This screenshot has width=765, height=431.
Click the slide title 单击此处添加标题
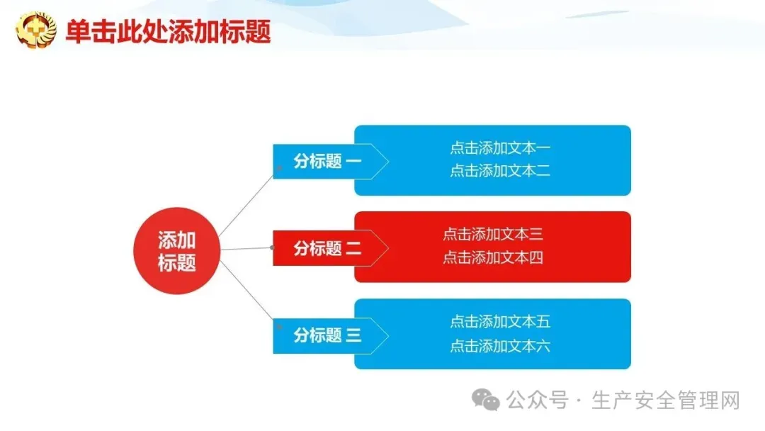click(168, 32)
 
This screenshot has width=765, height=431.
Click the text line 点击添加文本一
click(500, 148)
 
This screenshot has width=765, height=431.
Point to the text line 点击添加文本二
click(500, 171)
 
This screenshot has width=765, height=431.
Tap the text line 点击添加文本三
click(493, 235)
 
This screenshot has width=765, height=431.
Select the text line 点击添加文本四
click(493, 257)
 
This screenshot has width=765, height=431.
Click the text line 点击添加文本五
click(500, 322)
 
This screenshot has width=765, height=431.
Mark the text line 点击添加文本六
click(500, 346)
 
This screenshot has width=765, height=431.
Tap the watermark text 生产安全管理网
click(666, 401)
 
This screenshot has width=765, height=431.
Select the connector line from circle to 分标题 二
click(246, 249)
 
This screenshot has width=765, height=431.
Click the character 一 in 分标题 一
click(353, 162)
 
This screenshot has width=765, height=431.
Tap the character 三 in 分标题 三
click(353, 335)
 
